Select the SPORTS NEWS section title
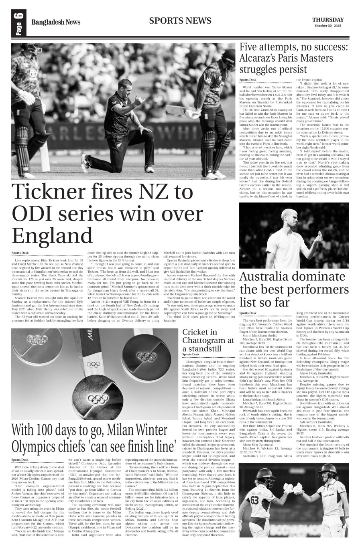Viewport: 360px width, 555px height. click(180, 21)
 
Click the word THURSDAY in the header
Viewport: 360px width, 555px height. click(328, 20)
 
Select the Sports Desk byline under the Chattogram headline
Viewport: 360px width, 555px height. click(191, 354)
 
